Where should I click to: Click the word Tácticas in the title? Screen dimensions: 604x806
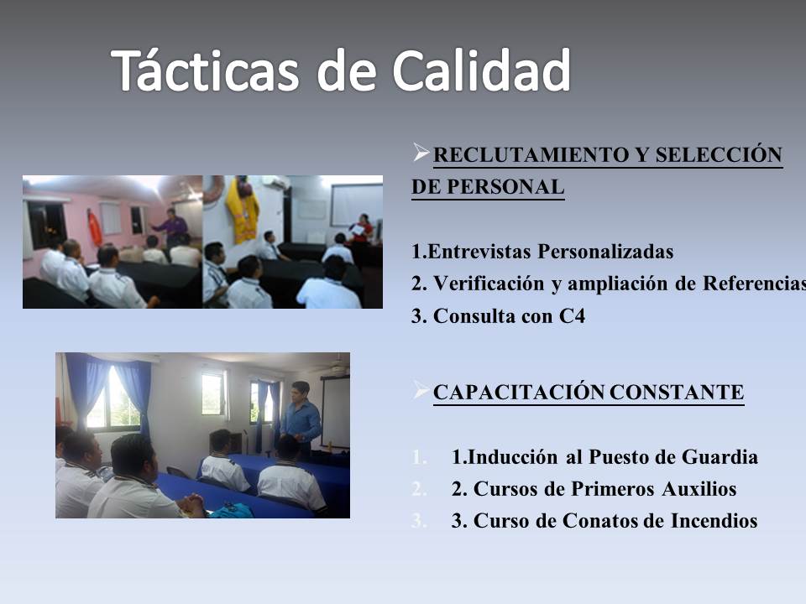tap(206, 70)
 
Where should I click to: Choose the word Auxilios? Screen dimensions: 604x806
tap(695, 489)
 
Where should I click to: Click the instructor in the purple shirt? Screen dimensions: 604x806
tap(171, 226)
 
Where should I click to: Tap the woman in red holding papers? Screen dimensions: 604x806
tap(361, 228)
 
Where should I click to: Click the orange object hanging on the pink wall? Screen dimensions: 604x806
tap(94, 226)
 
